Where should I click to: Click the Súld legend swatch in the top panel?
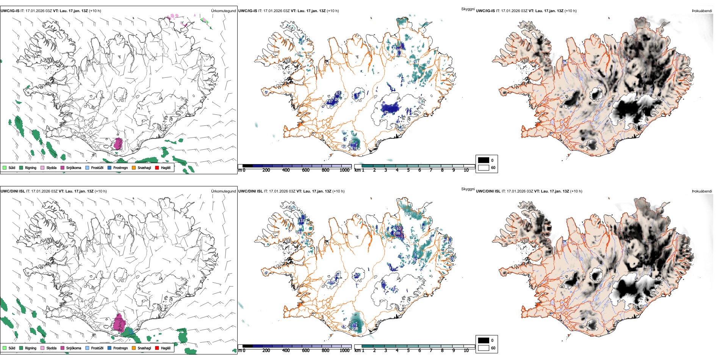(5, 167)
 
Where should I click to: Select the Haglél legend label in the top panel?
(166, 167)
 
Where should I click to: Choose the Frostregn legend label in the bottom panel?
(121, 348)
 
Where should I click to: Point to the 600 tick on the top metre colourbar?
(306, 170)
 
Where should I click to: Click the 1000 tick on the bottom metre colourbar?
(344, 351)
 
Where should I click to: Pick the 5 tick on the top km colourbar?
(408, 170)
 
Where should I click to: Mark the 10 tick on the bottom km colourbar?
(466, 351)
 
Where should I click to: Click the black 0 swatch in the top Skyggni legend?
(484, 160)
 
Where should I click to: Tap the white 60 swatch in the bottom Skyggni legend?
(484, 348)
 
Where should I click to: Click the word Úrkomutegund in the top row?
(223, 11)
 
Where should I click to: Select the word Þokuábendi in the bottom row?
(702, 191)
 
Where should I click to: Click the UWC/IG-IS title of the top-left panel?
(10, 11)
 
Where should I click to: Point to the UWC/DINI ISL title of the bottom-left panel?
(13, 191)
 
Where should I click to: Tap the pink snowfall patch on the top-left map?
(118, 144)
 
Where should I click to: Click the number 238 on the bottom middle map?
(355, 329)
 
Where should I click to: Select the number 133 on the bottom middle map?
(302, 221)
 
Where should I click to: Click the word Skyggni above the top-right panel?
(468, 9)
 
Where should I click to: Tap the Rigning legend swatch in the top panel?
(22, 167)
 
